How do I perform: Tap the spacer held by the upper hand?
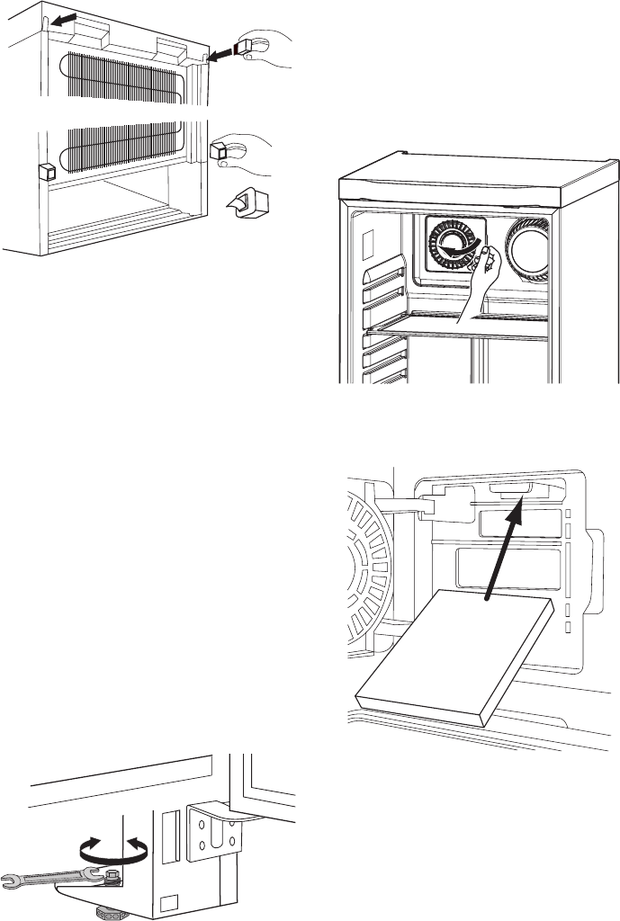(x=246, y=48)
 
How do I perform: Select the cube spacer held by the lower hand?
(x=220, y=149)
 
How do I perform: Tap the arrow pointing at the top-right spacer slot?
(x=220, y=56)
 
